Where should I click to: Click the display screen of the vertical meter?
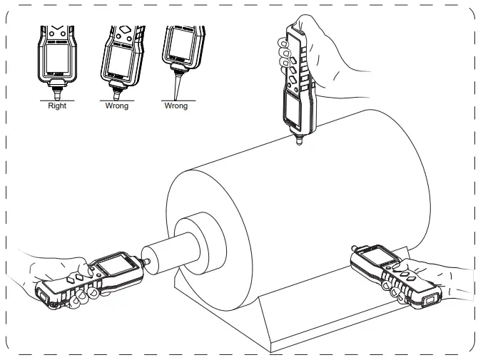292,110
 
